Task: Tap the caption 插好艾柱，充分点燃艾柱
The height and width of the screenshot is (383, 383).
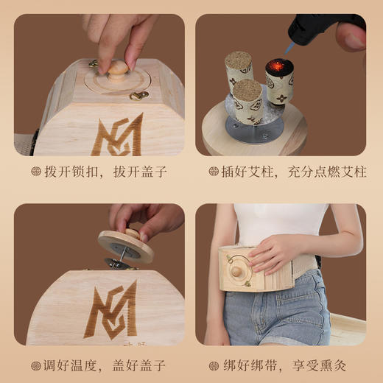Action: click(x=288, y=172)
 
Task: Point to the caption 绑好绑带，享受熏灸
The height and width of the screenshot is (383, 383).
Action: click(x=288, y=365)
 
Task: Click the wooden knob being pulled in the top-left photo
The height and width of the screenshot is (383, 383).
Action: click(x=116, y=74)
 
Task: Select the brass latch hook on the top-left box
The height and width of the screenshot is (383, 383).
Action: click(x=138, y=95)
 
